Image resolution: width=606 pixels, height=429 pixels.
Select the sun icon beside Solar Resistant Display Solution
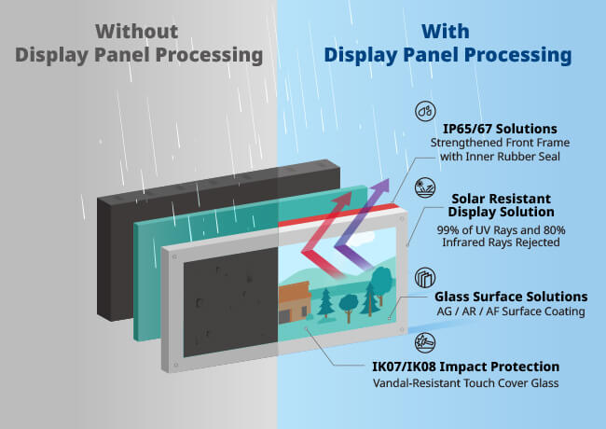(425, 184)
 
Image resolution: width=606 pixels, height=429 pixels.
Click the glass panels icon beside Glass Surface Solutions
(425, 277)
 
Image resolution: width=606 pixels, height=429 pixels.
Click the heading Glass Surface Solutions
(511, 296)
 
